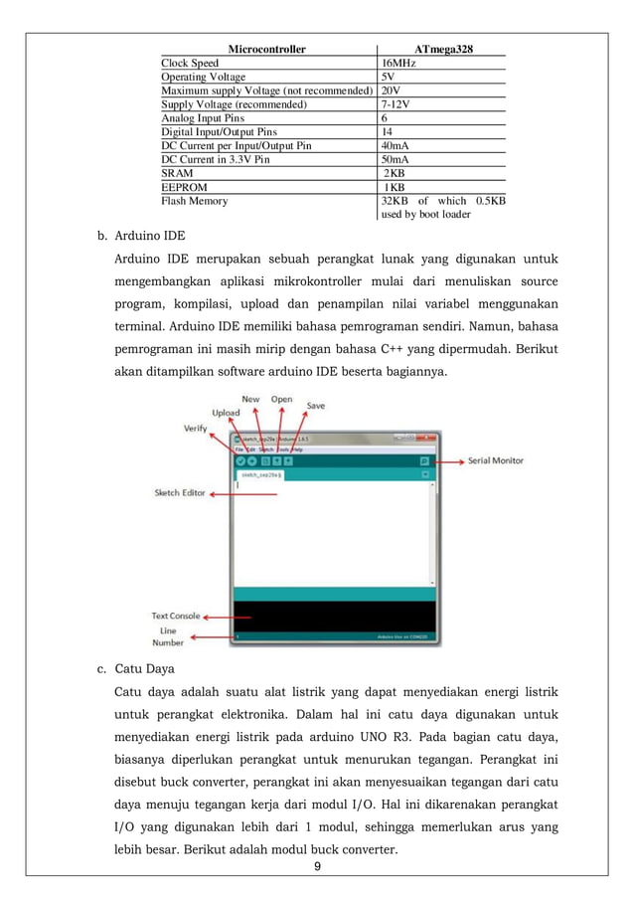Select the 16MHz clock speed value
click(399, 63)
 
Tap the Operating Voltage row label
click(203, 77)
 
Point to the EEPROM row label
click(184, 186)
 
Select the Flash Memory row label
click(195, 200)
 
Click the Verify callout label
click(195, 429)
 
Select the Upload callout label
click(225, 413)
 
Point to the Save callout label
click(315, 405)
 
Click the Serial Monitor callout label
click(496, 461)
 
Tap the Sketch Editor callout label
click(179, 492)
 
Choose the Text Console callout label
click(176, 616)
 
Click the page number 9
click(316, 866)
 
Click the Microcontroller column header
click(266, 48)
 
